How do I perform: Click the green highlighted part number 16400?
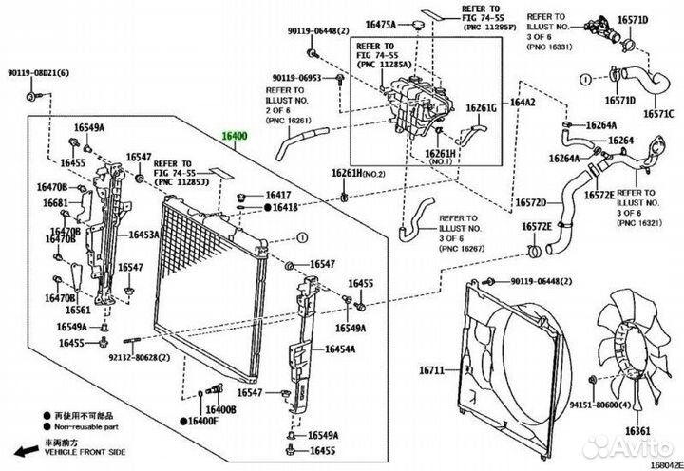(x=235, y=136)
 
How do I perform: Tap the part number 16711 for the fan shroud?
(x=432, y=369)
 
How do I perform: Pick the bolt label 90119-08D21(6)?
(x=33, y=74)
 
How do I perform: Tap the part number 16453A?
(x=143, y=234)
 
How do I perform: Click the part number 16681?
(x=55, y=204)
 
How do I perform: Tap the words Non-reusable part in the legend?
(x=86, y=429)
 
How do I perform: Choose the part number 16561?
(x=78, y=310)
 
